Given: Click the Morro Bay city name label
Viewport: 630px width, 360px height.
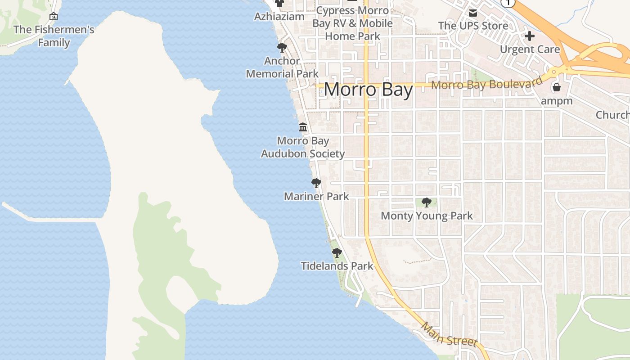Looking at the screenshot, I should [368, 90].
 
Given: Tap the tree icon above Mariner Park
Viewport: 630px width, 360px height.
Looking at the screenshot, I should [316, 183].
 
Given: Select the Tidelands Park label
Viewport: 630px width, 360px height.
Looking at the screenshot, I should [337, 266].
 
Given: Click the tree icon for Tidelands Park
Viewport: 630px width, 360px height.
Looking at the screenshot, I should [337, 253].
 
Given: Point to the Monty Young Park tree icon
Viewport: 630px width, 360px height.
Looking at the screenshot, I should [427, 202].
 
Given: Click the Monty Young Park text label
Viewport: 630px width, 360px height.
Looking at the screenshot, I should [427, 216].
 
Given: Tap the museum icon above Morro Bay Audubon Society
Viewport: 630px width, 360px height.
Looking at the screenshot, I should [303, 127].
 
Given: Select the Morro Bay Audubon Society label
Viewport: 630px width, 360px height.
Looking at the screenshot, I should [303, 147].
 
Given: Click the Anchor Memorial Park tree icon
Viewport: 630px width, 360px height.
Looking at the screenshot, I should [282, 47].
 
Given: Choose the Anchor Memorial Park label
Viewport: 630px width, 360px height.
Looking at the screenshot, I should [282, 67].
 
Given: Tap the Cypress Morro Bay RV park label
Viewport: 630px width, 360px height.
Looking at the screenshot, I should [353, 23].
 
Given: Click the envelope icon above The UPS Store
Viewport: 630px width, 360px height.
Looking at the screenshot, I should [473, 13].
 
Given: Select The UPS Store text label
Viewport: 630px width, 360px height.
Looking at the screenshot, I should [473, 26].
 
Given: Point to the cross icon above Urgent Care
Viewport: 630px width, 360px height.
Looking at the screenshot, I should [530, 36].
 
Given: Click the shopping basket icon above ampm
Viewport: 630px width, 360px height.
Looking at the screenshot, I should [557, 87].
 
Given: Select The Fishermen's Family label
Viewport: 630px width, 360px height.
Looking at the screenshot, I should [54, 36].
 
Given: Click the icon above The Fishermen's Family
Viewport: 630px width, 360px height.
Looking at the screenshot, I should [54, 17].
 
